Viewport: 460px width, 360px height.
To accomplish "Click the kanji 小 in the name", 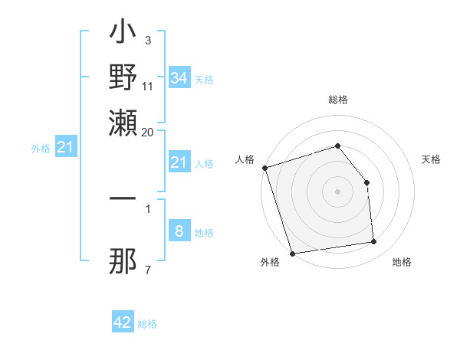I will click(123, 34).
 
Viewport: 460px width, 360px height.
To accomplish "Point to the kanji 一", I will click(123, 198).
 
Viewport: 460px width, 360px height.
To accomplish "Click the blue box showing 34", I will click(179, 78).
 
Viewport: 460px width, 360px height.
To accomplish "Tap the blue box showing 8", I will click(179, 232).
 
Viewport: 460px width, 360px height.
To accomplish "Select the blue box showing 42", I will click(123, 322).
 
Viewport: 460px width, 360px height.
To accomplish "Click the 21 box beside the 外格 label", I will click(65, 147).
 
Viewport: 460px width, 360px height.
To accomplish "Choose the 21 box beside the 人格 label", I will click(179, 162).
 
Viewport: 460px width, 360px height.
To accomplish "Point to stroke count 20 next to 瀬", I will click(147, 132).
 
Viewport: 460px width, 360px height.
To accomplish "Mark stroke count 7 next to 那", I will click(148, 270).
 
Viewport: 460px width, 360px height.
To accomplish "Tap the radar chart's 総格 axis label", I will click(338, 100).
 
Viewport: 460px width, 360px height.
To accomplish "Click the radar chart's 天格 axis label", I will click(431, 159).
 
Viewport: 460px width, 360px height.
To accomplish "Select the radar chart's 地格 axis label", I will click(402, 263).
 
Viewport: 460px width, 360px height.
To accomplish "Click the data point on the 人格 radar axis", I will click(264, 168).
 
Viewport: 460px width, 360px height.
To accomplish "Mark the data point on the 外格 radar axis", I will click(292, 254).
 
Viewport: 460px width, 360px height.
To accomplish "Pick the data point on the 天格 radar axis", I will click(366, 182).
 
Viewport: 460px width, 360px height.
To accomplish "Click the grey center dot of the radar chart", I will click(338, 191).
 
